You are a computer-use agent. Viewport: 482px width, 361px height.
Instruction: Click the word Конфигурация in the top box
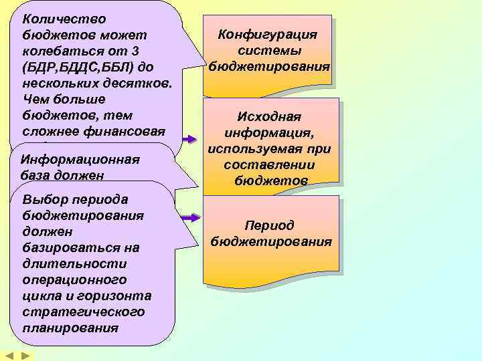tap(268, 35)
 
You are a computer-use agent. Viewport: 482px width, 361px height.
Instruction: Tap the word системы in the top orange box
tap(269, 51)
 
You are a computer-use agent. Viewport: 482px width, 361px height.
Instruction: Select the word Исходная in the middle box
tap(269, 117)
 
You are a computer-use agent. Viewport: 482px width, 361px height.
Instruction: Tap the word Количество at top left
tap(64, 19)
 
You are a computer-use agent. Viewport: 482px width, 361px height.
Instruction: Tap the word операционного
tap(74, 280)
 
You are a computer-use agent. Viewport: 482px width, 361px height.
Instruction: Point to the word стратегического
tap(83, 312)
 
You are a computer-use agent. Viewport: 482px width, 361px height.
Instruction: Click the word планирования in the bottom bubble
tap(70, 328)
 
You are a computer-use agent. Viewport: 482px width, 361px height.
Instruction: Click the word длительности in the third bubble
tap(65, 264)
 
